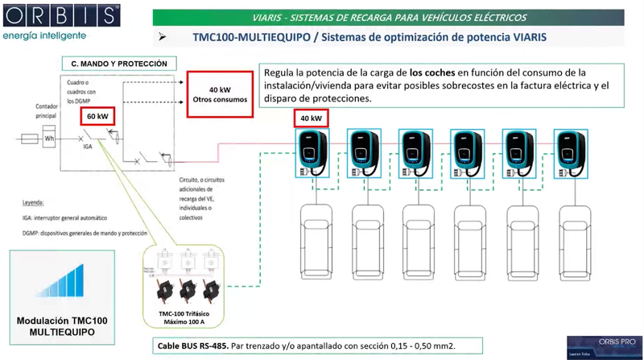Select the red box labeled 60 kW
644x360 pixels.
pyautogui.click(x=98, y=116)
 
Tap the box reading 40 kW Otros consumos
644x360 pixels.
pyautogui.click(x=218, y=94)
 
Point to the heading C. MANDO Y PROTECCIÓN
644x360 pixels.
pyautogui.click(x=119, y=63)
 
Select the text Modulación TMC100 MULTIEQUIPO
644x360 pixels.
pyautogui.click(x=62, y=325)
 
